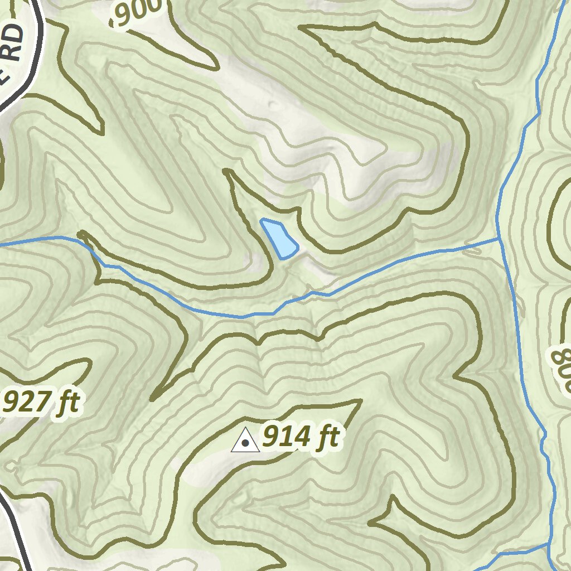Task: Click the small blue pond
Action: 279,239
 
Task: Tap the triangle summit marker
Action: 245,441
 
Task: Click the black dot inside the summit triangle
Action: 245,443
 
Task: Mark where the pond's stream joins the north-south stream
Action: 498,239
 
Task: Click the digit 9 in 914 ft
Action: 272,437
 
